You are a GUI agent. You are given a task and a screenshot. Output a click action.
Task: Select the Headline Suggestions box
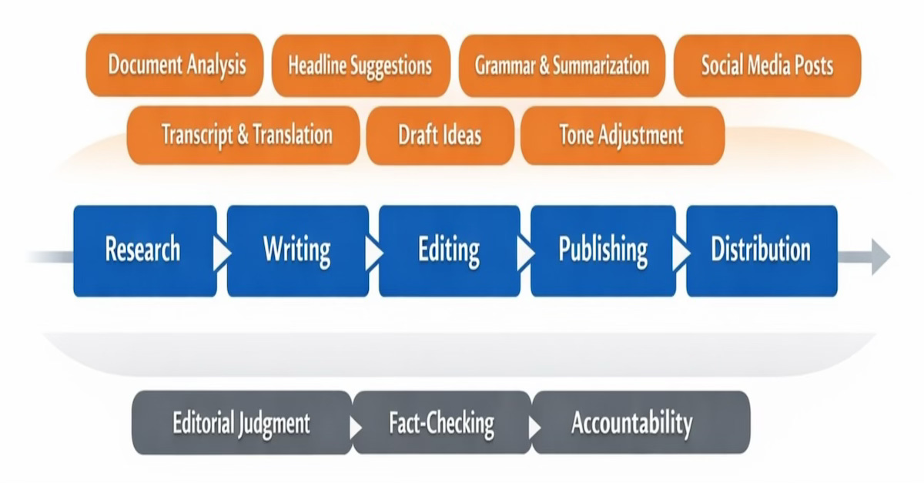(360, 65)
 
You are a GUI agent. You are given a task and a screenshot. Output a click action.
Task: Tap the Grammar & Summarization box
(561, 65)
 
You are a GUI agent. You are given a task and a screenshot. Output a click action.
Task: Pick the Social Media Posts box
(767, 65)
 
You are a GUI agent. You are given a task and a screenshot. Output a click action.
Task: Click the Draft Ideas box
(440, 136)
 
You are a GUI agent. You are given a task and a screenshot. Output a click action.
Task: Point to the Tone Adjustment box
(621, 136)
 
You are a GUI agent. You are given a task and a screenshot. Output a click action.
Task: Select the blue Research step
(143, 250)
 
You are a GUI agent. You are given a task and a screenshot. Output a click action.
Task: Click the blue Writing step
(296, 250)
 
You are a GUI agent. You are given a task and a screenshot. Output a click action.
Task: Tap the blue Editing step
(449, 250)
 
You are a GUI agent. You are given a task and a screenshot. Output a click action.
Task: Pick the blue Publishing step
(603, 250)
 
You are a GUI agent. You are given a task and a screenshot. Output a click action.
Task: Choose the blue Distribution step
(761, 250)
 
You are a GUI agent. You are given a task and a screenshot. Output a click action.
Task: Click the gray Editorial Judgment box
(241, 423)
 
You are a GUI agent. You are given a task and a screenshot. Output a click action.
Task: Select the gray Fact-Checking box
(441, 423)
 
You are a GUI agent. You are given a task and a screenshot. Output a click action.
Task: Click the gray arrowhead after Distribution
(879, 256)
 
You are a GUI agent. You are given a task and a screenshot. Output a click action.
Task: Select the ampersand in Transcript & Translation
(242, 136)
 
